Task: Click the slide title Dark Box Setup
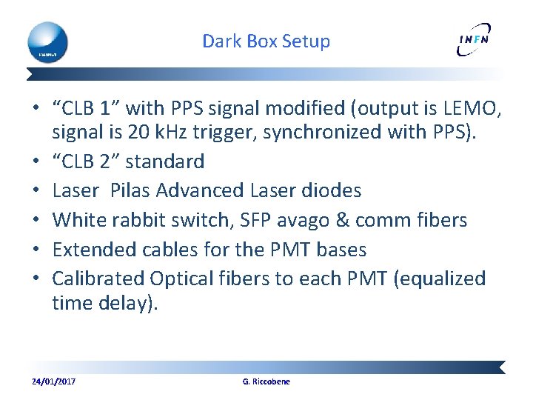click(266, 41)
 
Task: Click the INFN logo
click(474, 41)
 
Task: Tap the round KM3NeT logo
click(48, 41)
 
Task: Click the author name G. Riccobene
click(266, 381)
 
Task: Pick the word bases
click(341, 250)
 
